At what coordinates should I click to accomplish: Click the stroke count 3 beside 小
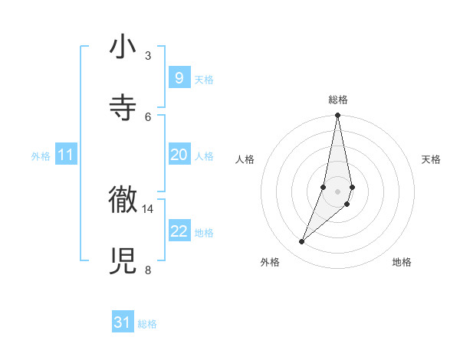(x=147, y=56)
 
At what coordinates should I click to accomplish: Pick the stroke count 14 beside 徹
(x=147, y=208)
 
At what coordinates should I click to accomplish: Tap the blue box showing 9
(x=179, y=78)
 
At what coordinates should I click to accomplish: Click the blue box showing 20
(x=179, y=155)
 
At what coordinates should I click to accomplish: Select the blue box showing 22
(x=179, y=231)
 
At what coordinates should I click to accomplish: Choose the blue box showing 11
(x=66, y=155)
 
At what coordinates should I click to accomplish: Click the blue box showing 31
(x=123, y=323)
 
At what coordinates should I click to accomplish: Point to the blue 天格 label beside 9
(x=204, y=80)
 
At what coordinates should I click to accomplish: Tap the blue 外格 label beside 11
(x=41, y=156)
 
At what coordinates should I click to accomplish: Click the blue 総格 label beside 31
(x=147, y=325)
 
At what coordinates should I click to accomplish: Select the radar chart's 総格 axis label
(x=337, y=100)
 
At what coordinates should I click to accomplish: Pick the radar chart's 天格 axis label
(x=432, y=159)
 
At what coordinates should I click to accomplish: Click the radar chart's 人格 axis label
(x=245, y=159)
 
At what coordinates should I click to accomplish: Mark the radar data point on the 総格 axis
(x=337, y=116)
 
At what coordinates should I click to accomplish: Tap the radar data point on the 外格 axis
(x=301, y=242)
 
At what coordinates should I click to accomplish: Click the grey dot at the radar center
(x=337, y=191)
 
